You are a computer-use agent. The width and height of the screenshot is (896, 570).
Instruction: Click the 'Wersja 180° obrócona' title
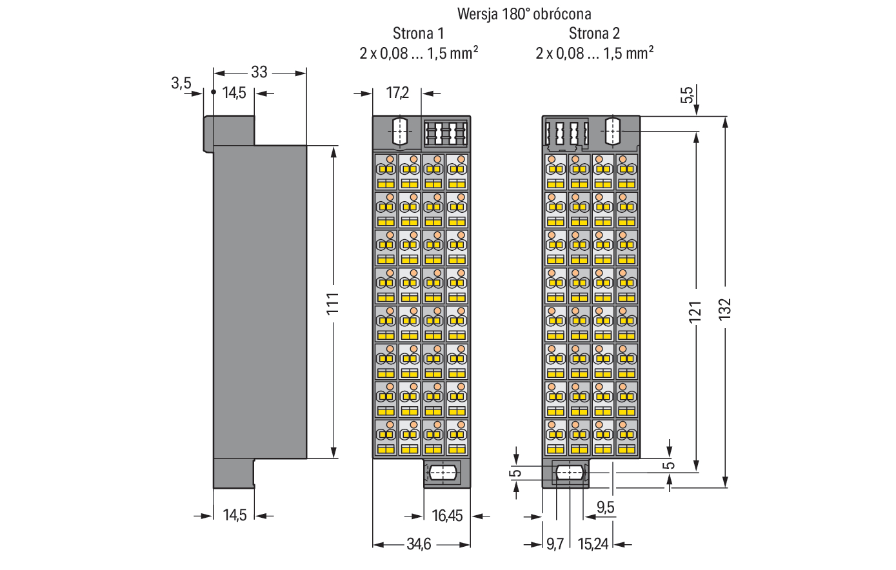coord(524,14)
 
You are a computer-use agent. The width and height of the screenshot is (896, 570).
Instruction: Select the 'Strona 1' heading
coord(418,33)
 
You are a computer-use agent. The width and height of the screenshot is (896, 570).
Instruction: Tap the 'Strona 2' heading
coord(594,33)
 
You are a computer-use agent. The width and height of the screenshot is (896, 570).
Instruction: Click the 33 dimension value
coord(259,72)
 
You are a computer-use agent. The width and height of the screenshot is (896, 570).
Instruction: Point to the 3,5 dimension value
coord(181,83)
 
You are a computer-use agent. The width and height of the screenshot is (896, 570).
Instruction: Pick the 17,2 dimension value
coord(397,93)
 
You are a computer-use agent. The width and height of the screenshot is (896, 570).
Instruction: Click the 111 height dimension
coord(332,303)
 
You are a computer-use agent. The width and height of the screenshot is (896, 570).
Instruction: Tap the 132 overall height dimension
coord(725,308)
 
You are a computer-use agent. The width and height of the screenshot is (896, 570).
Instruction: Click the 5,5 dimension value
coord(687,95)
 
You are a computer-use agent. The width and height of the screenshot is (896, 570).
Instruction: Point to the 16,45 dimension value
coord(447,516)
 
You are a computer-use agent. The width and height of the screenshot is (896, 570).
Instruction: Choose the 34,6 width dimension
coord(419,544)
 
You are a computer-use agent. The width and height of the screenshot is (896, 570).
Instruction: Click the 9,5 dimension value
coord(605,507)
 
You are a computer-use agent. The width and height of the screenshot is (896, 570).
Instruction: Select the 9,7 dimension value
coord(555,544)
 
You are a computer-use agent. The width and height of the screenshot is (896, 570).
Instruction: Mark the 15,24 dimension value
coord(593,544)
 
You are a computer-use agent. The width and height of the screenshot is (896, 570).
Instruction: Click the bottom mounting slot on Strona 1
coord(442,473)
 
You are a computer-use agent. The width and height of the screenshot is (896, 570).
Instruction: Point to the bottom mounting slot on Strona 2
coord(570,473)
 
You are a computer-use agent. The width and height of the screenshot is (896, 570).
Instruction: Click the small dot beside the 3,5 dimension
coord(213,92)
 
